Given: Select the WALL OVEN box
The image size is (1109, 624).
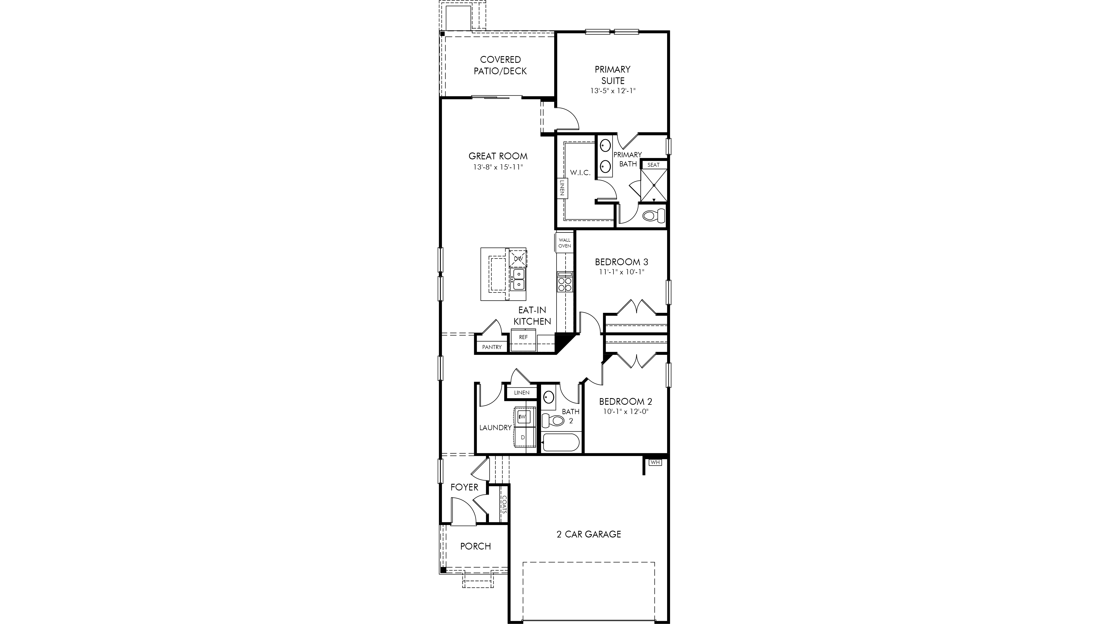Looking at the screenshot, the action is (x=564, y=243).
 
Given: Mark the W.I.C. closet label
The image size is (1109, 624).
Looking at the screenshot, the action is (x=580, y=172).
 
